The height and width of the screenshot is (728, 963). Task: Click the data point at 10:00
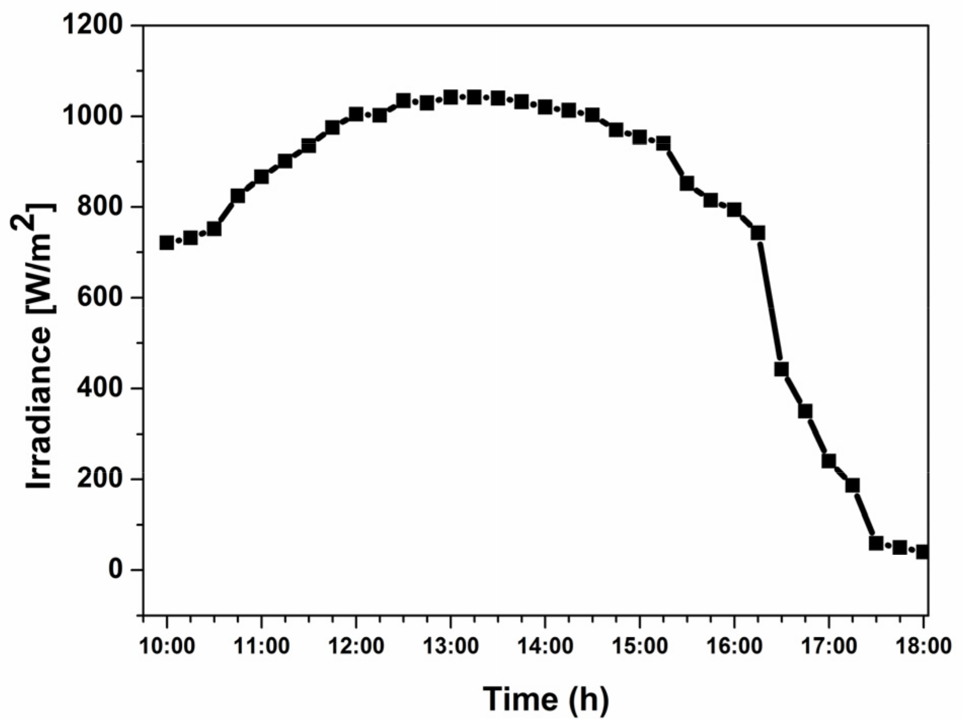[x=167, y=242]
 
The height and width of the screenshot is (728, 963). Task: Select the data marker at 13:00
[x=451, y=97]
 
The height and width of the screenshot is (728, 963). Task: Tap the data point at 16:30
[x=781, y=369]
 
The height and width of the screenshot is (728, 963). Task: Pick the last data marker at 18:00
[x=922, y=551]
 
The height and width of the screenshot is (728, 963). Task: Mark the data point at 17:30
[x=876, y=543]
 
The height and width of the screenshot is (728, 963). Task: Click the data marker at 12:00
[x=356, y=114]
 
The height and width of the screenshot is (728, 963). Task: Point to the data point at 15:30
[x=687, y=183]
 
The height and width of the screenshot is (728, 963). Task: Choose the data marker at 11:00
[x=261, y=177]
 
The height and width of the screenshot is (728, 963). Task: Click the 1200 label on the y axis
[x=92, y=25]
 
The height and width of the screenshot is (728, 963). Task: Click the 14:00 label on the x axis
[x=545, y=646]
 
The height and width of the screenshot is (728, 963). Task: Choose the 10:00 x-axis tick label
[x=167, y=646]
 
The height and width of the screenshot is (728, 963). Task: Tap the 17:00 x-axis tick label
[x=828, y=646]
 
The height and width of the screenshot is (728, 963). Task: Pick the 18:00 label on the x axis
[x=922, y=646]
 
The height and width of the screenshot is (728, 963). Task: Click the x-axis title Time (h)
[x=545, y=699]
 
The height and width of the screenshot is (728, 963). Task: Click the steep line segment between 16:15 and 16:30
[x=770, y=301]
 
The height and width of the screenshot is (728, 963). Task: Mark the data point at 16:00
[x=734, y=210]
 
